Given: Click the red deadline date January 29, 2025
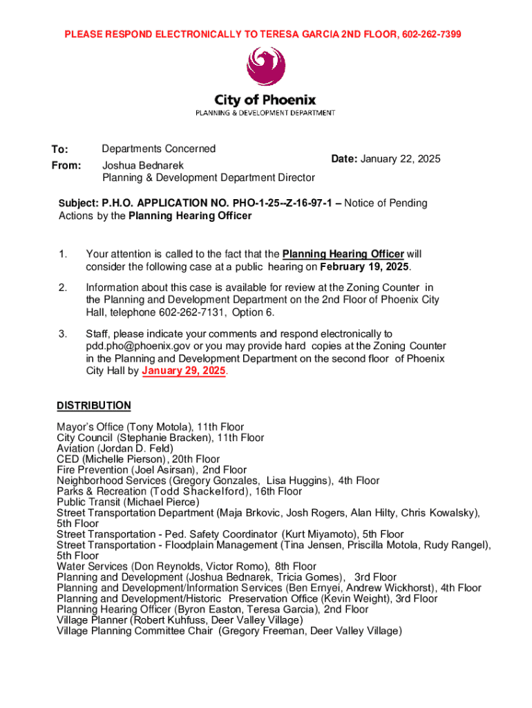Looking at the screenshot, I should click(x=184, y=371).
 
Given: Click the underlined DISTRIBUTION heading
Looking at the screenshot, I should click(x=93, y=405).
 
